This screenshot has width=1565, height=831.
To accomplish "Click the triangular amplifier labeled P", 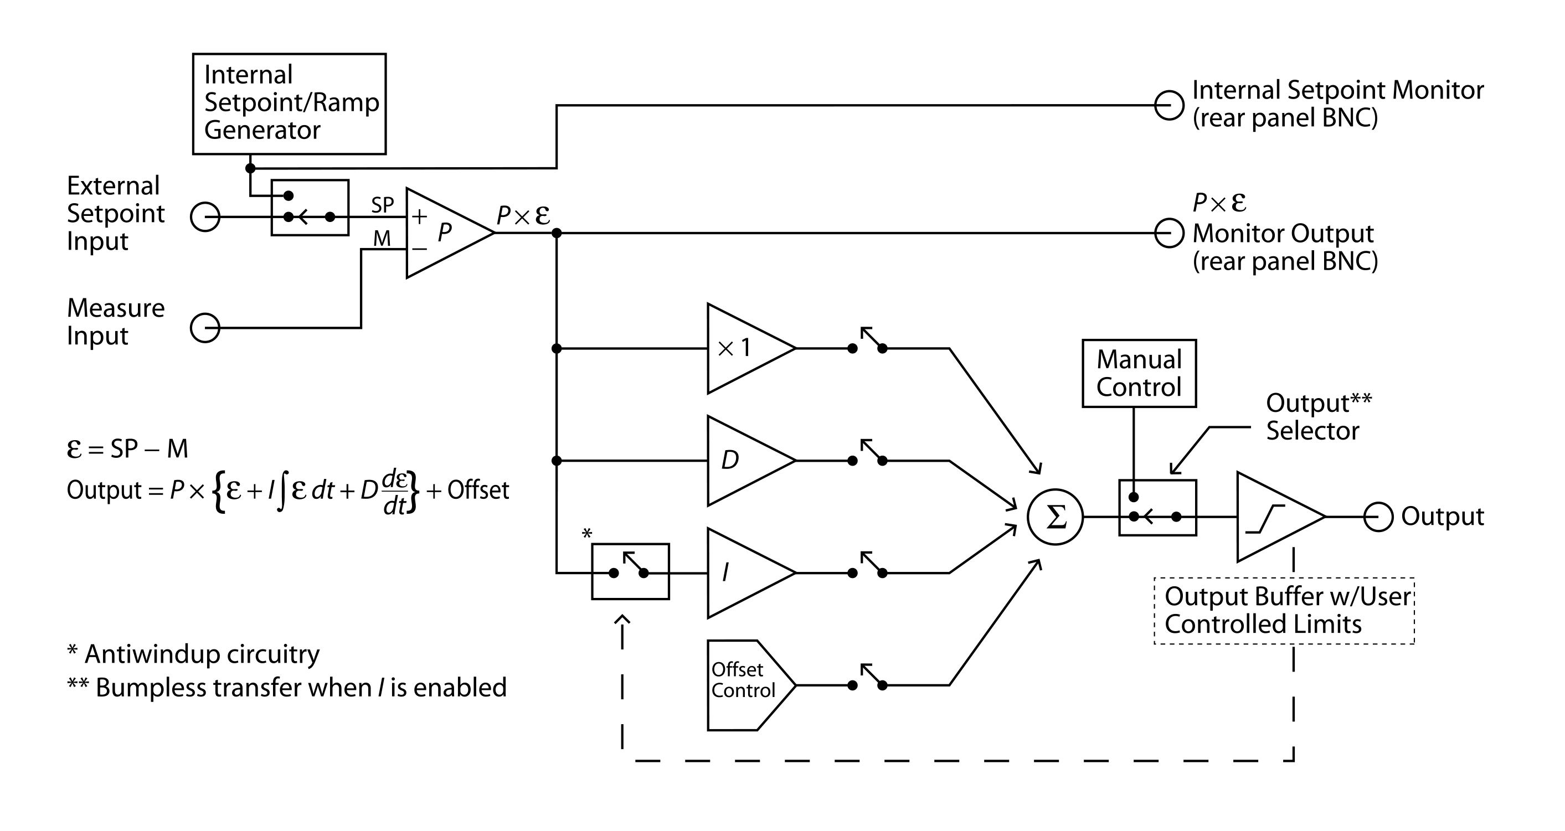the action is point(450,233).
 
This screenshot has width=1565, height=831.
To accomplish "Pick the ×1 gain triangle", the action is point(751,349).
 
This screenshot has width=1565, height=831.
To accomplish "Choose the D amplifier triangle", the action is point(751,461).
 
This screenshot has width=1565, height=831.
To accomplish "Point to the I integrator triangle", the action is point(751,573).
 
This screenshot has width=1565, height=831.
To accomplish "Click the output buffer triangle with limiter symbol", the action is point(1281,517).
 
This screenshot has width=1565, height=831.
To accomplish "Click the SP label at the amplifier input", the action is point(383,205).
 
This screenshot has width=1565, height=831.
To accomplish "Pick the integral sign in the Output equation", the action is point(281,490).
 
